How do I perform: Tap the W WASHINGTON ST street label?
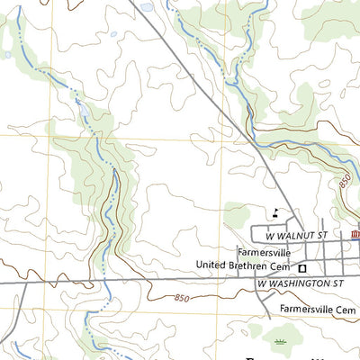(x=301, y=283)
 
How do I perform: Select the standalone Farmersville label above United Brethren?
(x=262, y=251)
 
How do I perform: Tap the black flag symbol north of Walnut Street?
(x=273, y=212)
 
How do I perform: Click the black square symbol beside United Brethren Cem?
(x=303, y=267)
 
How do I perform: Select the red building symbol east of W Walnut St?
(x=355, y=235)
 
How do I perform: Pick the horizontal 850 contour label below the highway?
(x=183, y=298)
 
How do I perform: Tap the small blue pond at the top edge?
(x=147, y=7)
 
